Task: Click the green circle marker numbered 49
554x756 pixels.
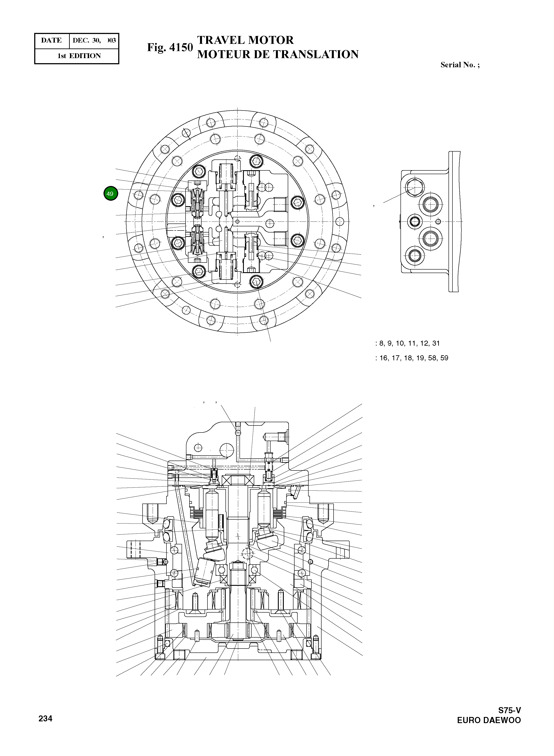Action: click(110, 193)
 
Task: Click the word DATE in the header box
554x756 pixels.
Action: click(51, 41)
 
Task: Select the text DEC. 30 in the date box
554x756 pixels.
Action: click(86, 41)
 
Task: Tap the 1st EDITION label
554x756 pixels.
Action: click(79, 56)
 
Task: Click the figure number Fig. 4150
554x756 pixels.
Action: click(170, 48)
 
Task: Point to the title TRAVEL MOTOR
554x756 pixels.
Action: click(245, 40)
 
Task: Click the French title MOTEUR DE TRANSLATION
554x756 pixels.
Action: click(278, 54)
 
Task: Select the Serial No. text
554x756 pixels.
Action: click(460, 65)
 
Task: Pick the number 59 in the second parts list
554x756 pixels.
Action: click(444, 358)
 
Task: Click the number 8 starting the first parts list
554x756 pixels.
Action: click(381, 343)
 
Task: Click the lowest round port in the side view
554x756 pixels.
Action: click(415, 256)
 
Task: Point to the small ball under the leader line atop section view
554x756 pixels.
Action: click(238, 433)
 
